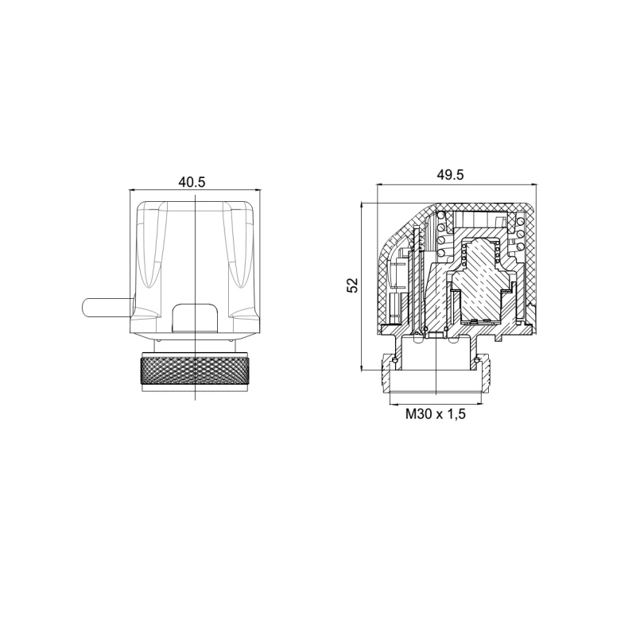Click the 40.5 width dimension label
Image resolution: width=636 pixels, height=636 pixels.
coord(192,182)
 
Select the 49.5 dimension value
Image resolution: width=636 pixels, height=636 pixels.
coord(450,174)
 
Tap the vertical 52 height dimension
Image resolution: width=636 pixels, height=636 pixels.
coord(352,285)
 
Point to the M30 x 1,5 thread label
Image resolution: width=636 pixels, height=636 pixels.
coord(436,414)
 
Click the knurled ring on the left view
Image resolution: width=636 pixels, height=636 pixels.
coord(195,369)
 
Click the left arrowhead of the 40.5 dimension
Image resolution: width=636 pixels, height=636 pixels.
coord(132,189)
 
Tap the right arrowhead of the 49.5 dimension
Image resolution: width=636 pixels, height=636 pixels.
coord(533,184)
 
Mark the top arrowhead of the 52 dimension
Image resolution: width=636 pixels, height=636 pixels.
coord(361,206)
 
